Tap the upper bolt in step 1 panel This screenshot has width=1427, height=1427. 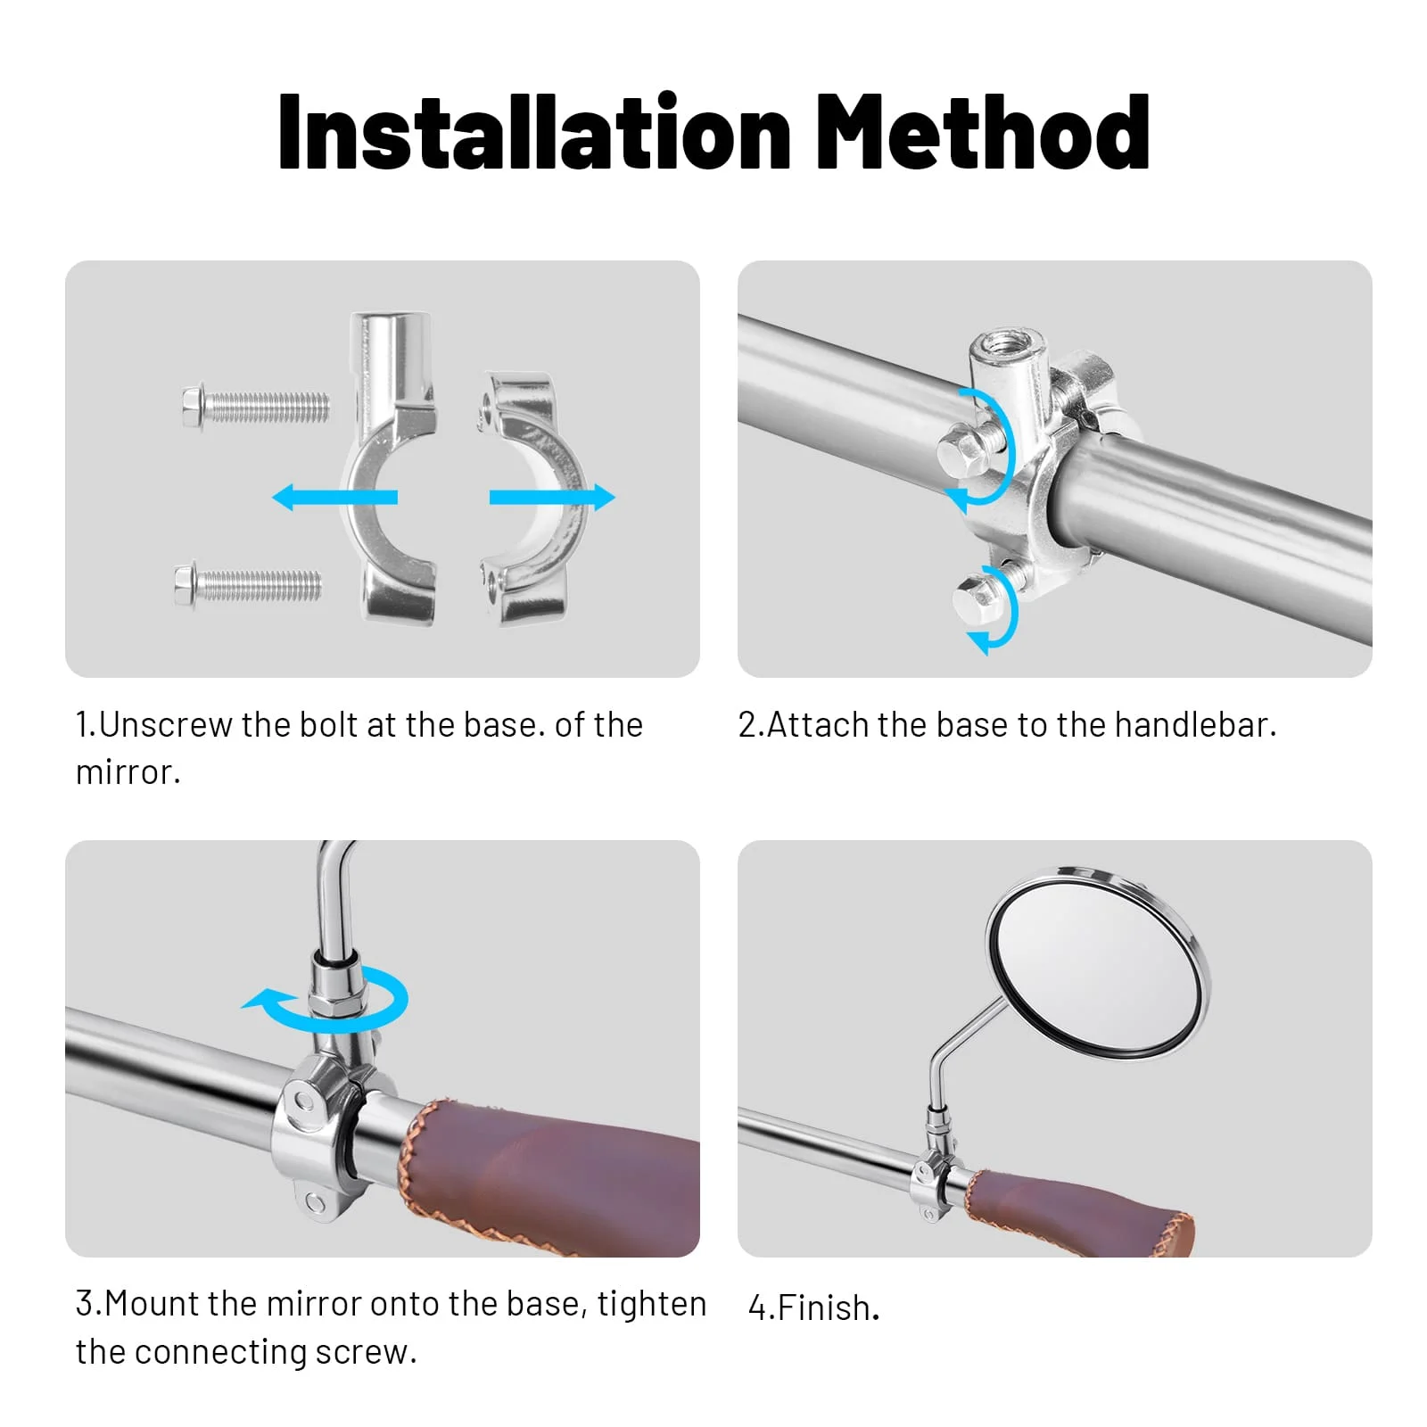pyautogui.click(x=255, y=408)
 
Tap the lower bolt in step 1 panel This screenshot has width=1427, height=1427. pyautogui.click(x=248, y=585)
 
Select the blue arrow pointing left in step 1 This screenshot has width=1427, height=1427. pyautogui.click(x=334, y=497)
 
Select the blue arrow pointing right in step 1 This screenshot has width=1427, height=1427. pyautogui.click(x=552, y=497)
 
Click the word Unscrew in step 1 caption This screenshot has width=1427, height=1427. pyautogui.click(x=165, y=725)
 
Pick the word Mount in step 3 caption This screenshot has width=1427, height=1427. pyautogui.click(x=153, y=1304)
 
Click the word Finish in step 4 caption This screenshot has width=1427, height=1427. pyautogui.click(x=823, y=1308)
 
